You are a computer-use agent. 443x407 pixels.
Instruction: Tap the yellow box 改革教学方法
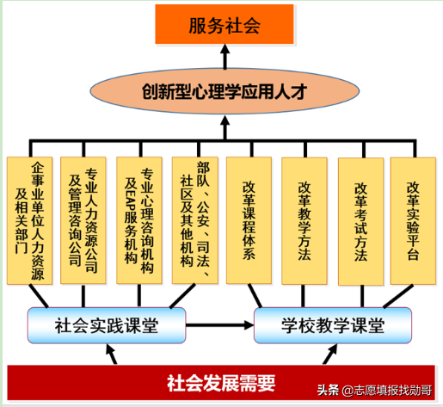[x=305, y=220]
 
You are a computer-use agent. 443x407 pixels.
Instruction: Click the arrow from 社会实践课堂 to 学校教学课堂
[x=219, y=325]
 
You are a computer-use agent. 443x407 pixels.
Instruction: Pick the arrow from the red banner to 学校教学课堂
[x=328, y=354]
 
